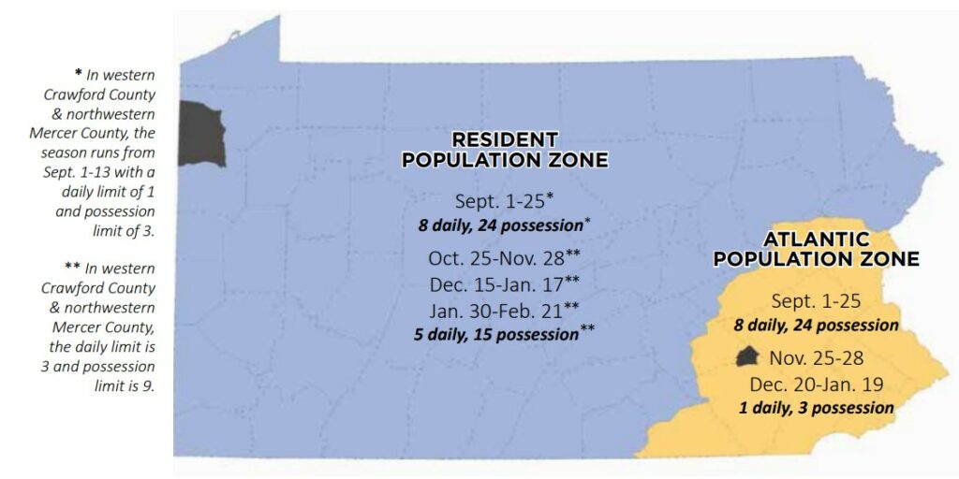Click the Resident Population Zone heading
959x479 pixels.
pos(505,150)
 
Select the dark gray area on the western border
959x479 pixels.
pos(200,135)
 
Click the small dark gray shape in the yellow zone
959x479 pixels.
pos(747,356)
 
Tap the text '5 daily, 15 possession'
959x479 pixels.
pos(496,334)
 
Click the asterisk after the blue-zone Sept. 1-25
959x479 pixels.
pos(551,196)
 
